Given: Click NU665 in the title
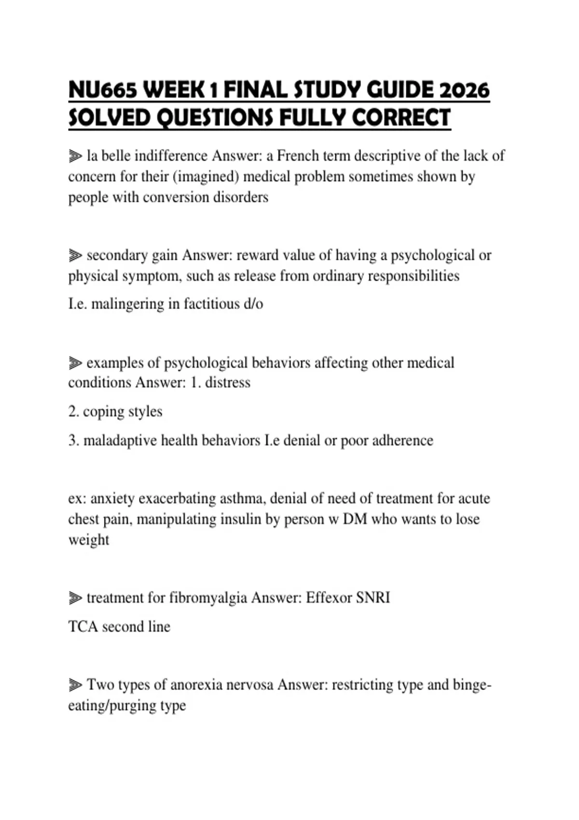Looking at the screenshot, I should (102, 91).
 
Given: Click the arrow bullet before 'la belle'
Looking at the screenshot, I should (75, 156).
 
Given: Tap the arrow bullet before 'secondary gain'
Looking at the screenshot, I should (75, 255).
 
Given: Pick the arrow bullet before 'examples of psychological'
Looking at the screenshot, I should (75, 363).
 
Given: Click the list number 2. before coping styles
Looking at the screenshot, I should (73, 411).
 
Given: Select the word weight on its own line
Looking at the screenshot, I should (88, 540).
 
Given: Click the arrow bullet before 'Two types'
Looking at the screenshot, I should (75, 684).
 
